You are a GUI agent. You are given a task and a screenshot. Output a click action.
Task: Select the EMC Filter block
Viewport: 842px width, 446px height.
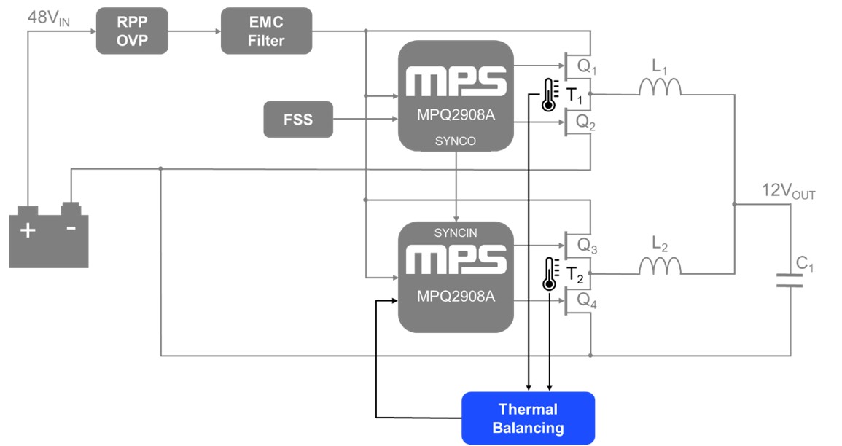click(x=266, y=31)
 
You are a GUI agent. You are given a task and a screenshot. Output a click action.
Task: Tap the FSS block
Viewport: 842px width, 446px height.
click(x=297, y=120)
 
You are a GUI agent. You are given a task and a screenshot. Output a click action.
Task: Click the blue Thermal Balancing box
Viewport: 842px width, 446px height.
click(x=528, y=418)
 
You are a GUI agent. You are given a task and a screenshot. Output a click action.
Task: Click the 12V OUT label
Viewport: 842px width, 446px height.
click(x=788, y=192)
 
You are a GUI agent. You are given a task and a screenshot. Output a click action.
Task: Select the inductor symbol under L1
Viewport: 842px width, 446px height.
click(x=660, y=87)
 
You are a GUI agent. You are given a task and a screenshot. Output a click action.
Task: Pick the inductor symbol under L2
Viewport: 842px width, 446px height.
click(x=660, y=267)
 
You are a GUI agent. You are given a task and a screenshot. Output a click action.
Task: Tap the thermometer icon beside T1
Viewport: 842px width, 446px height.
click(x=548, y=95)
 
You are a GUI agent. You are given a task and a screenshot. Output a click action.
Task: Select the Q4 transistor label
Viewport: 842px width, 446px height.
click(x=586, y=300)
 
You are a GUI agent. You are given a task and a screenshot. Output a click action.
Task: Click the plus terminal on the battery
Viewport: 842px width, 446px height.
click(x=27, y=230)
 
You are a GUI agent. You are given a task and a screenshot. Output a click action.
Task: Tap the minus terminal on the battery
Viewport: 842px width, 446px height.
click(x=71, y=227)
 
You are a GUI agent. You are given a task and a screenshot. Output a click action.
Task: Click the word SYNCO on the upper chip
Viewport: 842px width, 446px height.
click(x=456, y=141)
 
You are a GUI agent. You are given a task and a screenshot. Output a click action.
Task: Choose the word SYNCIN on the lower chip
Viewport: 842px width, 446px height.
click(x=456, y=232)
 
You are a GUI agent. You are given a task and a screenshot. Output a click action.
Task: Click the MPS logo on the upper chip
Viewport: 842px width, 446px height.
click(x=456, y=82)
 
